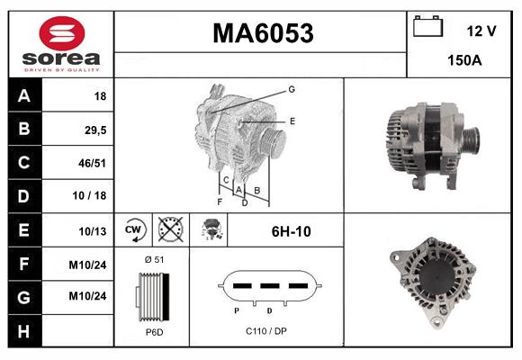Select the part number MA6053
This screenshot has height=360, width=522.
(x=262, y=33)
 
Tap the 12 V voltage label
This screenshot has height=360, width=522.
(x=481, y=31)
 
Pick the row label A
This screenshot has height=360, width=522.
(x=23, y=94)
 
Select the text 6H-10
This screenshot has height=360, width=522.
(x=291, y=231)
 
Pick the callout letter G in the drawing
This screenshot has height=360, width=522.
(x=292, y=89)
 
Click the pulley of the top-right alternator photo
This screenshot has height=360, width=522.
(x=471, y=140)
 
